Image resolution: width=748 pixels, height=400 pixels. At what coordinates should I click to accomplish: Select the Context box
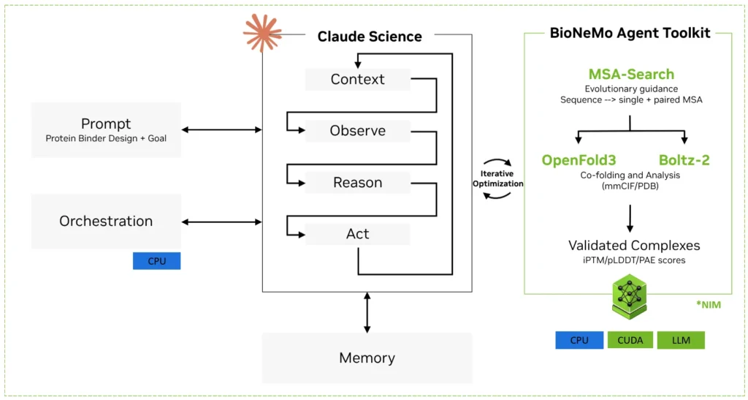[358, 79]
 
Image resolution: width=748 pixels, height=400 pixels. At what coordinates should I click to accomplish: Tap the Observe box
[358, 131]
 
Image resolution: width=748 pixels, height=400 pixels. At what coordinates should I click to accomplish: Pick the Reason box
[358, 182]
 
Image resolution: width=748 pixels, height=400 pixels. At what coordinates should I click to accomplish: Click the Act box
[358, 234]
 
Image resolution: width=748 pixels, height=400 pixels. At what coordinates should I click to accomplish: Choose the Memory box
[367, 358]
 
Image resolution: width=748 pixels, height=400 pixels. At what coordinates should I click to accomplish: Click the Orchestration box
[106, 221]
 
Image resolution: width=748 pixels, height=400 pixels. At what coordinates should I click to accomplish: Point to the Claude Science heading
[370, 37]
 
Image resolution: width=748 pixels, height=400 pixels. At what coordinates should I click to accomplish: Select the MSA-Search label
[632, 75]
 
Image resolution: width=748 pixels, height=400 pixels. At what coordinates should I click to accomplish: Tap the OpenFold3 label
[579, 160]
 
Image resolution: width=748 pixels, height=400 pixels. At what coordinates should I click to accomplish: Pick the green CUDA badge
[630, 340]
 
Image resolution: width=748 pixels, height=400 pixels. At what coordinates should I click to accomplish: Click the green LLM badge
[681, 340]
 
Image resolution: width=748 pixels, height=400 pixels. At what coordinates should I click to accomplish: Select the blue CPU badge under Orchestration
[156, 261]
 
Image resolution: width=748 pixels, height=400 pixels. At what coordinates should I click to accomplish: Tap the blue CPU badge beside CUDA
[579, 340]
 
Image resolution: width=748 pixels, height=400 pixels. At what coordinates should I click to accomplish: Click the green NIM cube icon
[629, 297]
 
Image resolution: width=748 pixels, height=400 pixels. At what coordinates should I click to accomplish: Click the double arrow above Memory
[367, 313]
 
